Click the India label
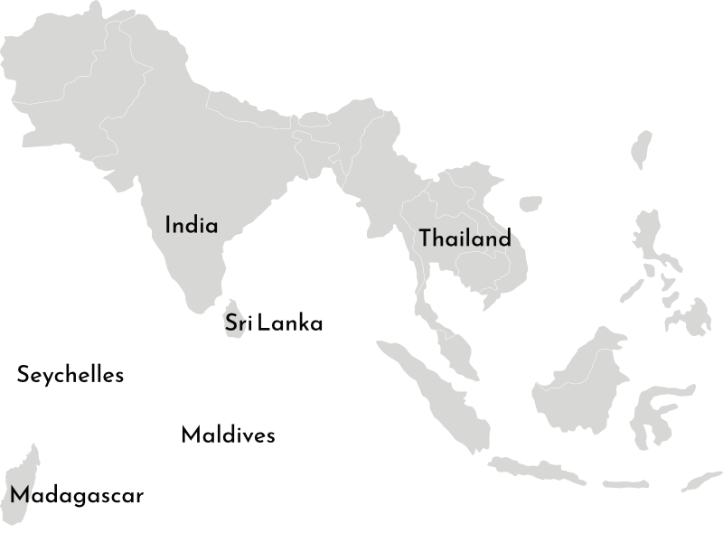click(x=192, y=225)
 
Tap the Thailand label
click(x=465, y=238)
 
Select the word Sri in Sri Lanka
click(x=237, y=323)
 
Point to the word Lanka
click(x=290, y=323)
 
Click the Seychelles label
click(x=70, y=375)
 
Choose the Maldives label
click(x=228, y=435)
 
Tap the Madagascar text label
click(x=77, y=496)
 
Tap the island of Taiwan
click(x=643, y=149)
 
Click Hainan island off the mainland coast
click(x=531, y=204)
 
